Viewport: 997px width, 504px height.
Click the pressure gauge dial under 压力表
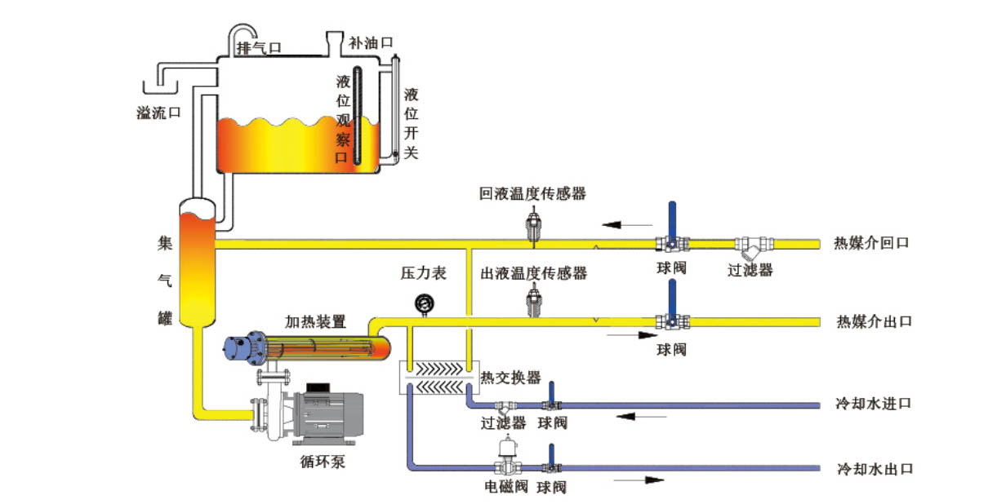pos(424,303)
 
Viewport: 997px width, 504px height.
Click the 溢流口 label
pos(158,113)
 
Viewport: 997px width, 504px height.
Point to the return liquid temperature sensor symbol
pos(533,225)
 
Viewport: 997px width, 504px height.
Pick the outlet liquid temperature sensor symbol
pos(533,303)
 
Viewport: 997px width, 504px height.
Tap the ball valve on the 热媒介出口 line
pos(670,321)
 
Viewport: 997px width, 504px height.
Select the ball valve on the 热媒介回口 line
pos(670,242)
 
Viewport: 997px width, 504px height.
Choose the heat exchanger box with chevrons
pos(438,378)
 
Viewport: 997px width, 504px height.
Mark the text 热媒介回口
pos(870,243)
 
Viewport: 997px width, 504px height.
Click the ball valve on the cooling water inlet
pos(552,404)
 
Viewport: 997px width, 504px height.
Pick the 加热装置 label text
pos(315,321)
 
